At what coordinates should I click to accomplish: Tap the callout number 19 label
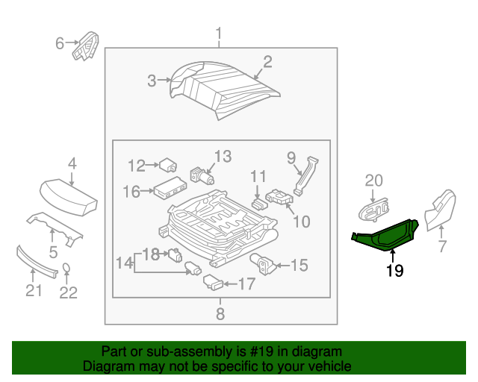[x=394, y=271]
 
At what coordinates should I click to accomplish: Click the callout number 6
[x=60, y=43]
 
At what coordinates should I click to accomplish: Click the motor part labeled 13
[x=202, y=178]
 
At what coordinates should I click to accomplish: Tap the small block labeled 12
[x=167, y=165]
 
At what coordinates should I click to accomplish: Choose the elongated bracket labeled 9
[x=304, y=176]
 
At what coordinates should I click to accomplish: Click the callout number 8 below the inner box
[x=220, y=314]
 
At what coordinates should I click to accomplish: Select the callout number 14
[x=123, y=262]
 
